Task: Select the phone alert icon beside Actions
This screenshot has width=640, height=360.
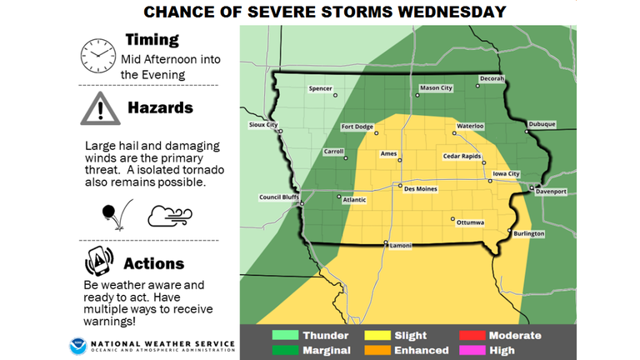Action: pyautogui.click(x=99, y=262)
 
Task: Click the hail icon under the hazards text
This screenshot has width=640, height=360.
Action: pyautogui.click(x=112, y=215)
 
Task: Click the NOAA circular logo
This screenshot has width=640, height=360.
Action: pyautogui.click(x=77, y=344)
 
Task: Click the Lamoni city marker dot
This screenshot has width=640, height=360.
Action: pyautogui.click(x=386, y=242)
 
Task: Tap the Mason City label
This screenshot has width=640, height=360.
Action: pyautogui.click(x=435, y=87)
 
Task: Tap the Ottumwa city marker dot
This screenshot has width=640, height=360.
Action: pyautogui.click(x=452, y=220)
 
